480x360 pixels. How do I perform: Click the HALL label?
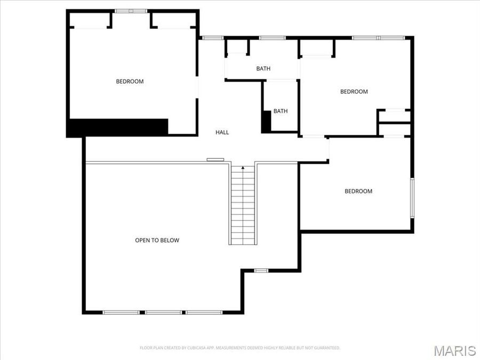point(222,132)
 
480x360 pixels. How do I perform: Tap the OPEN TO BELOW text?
point(157,241)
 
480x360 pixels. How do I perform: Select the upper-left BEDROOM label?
point(130,82)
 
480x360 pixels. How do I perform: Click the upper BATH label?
point(263,68)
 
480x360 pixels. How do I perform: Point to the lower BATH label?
point(281,111)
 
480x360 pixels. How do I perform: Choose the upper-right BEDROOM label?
point(354,92)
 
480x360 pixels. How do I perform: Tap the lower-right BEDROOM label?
point(358,191)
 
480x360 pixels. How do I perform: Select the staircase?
point(243,205)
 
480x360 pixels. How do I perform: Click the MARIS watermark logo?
point(454,350)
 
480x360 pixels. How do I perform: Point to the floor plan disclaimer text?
point(239,348)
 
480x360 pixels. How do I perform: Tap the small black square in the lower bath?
point(266,121)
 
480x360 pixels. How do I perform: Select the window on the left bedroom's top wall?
point(131,11)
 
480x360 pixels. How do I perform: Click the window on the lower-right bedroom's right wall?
point(412,197)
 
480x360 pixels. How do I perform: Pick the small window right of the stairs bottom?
point(261,271)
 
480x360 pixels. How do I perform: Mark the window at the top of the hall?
point(212,38)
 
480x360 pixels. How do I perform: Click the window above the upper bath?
point(267,38)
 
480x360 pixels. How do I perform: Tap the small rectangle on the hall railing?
point(215,159)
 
